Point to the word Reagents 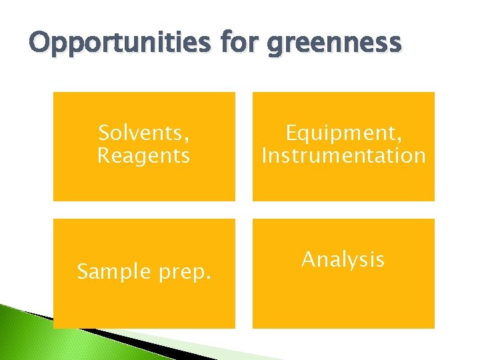pos(143,157)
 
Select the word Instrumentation pos(343,156)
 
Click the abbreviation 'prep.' pos(185,273)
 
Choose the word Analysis pos(343,259)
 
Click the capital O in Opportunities pos(41,43)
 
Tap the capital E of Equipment pos(291,133)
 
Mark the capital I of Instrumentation pos(265,156)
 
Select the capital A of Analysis pos(309,259)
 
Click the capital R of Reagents pos(104,156)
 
